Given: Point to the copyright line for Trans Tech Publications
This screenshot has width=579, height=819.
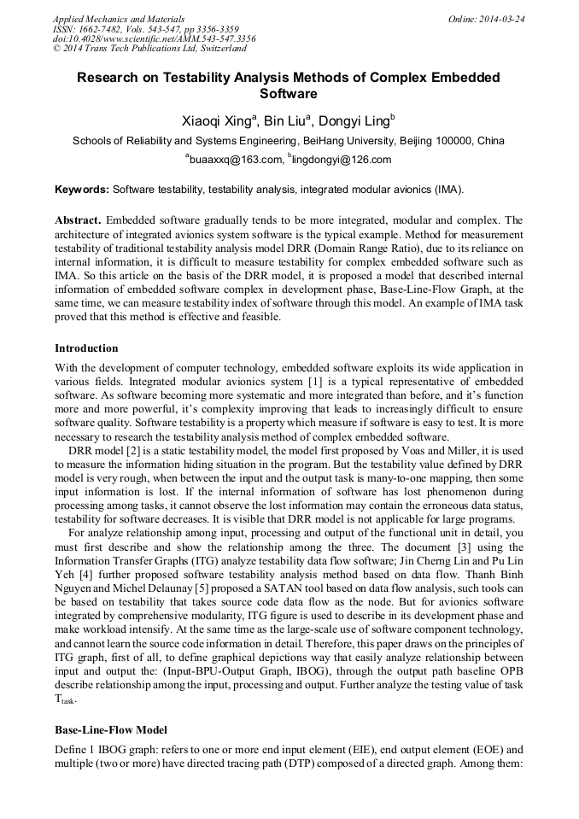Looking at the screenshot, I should point(148,48).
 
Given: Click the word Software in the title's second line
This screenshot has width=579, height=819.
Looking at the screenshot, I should point(289,94).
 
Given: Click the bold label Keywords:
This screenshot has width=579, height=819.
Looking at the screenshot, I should point(82,189).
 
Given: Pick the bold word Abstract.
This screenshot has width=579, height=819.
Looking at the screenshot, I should point(79,219).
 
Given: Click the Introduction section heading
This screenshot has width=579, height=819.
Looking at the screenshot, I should point(86,348).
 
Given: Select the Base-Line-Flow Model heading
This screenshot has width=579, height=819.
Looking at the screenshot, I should point(110,730).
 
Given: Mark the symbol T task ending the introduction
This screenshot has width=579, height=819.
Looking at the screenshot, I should point(65,699).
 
